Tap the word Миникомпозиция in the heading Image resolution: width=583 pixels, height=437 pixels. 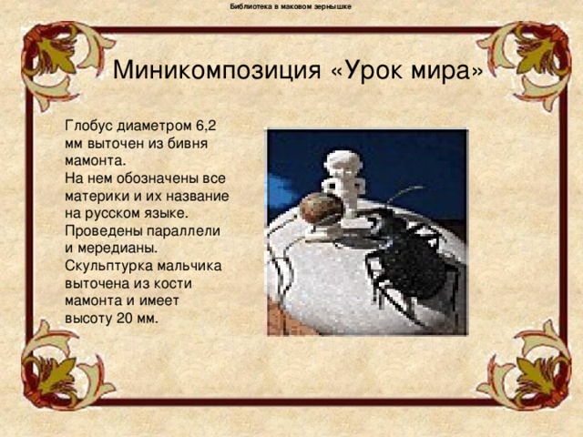[217, 69]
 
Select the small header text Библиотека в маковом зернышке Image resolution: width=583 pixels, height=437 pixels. [291, 6]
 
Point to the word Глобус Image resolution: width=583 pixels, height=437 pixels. [89, 126]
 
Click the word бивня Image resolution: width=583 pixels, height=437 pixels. [188, 144]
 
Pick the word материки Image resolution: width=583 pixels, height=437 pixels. [97, 196]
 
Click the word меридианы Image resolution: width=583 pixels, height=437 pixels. [118, 249]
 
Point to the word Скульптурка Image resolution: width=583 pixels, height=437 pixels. [109, 266]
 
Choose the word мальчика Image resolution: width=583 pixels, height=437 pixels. [189, 266]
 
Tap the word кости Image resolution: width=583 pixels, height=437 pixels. [171, 283]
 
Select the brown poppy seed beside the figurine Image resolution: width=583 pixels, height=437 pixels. [321, 208]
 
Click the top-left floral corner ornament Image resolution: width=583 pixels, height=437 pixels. [59, 59]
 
